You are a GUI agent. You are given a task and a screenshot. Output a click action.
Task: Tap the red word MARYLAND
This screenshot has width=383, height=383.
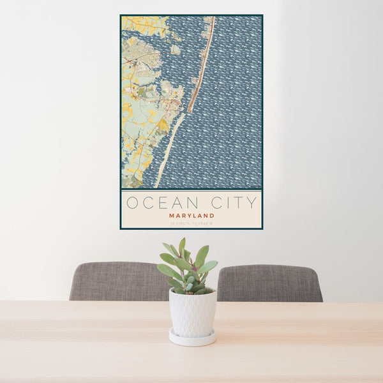[x=191, y=216]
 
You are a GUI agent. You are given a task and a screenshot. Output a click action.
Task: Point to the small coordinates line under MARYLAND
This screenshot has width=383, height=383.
[x=191, y=223]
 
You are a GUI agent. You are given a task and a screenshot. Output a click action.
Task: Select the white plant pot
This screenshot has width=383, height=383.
[x=192, y=312]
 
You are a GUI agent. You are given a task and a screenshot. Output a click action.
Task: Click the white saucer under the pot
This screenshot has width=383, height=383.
[x=192, y=338]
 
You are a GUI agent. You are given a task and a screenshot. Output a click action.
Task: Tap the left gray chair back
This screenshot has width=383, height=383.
[x=119, y=281]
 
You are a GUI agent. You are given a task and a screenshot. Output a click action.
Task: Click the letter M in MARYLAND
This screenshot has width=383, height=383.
[x=171, y=216]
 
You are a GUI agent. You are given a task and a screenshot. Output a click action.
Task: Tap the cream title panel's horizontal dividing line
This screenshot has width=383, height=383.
[x=191, y=190]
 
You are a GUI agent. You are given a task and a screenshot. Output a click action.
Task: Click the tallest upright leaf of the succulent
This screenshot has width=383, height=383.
[x=183, y=246]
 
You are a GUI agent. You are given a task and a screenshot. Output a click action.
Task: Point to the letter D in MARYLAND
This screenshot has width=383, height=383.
[x=212, y=216]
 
